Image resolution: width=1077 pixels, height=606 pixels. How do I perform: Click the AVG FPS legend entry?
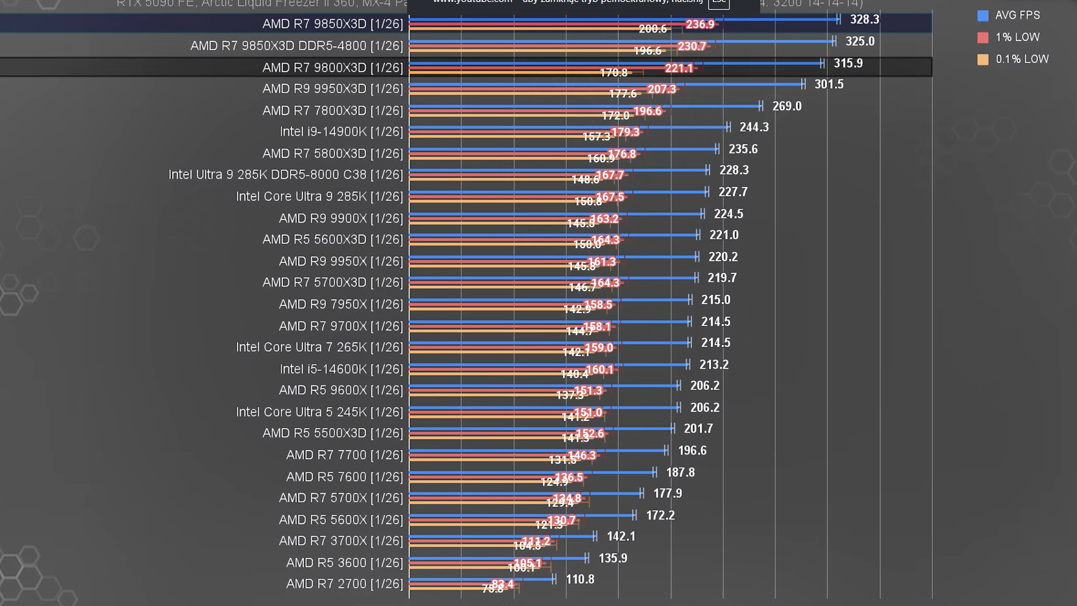pyautogui.click(x=1017, y=15)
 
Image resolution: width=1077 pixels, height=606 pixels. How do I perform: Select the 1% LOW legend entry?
pyautogui.click(x=1017, y=37)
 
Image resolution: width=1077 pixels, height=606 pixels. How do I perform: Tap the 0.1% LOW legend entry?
pyautogui.click(x=1021, y=59)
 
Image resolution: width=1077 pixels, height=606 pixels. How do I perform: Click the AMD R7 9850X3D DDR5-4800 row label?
pyautogui.click(x=297, y=46)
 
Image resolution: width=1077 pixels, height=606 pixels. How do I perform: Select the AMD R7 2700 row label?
pyautogui.click(x=345, y=584)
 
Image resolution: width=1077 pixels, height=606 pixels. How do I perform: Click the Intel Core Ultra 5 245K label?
pyautogui.click(x=319, y=412)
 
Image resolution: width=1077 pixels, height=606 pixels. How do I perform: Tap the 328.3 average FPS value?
pyautogui.click(x=865, y=19)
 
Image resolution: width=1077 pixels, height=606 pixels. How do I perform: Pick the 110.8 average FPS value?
pyautogui.click(x=580, y=579)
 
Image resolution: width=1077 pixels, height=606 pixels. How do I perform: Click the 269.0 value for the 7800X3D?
pyautogui.click(x=787, y=106)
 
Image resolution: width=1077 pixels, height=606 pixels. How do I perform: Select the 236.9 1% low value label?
pyautogui.click(x=700, y=25)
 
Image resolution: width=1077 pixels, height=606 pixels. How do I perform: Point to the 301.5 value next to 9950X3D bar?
pyautogui.click(x=829, y=84)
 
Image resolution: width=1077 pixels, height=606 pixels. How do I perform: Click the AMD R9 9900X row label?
pyautogui.click(x=341, y=218)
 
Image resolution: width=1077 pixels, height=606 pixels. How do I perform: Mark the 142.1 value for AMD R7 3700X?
pyautogui.click(x=621, y=537)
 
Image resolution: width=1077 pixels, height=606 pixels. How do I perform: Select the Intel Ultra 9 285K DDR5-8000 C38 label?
pyautogui.click(x=286, y=175)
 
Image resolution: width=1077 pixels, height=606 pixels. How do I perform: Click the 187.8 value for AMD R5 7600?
pyautogui.click(x=680, y=472)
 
